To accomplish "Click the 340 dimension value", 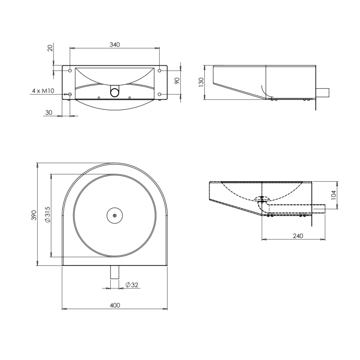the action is coord(115,45).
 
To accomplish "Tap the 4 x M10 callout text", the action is coord(43,91).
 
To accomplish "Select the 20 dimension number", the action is coord(50,48).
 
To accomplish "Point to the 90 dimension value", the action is coord(177,81).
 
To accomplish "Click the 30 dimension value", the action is coord(48,113).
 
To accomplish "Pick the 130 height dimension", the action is coord(201,82).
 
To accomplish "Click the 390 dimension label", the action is coord(34,215).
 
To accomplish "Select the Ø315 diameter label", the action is coord(48,215).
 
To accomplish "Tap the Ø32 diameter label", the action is coord(132,285).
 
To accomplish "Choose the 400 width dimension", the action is coord(115,305).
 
